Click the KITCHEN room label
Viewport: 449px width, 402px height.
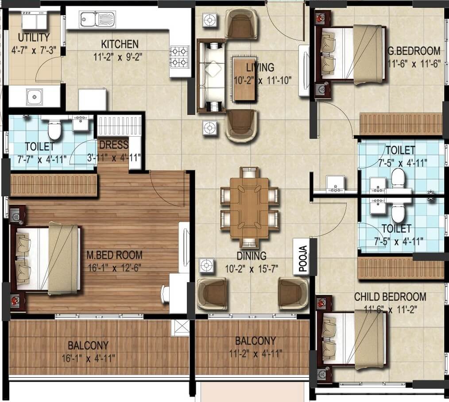click(120, 44)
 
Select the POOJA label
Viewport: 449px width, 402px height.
click(301, 257)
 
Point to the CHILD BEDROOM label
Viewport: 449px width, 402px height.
click(390, 297)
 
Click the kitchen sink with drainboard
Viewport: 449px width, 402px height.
click(97, 19)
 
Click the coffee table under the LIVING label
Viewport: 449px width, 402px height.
click(244, 79)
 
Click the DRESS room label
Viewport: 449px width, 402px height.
click(114, 145)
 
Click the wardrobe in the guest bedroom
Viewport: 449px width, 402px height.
click(401, 124)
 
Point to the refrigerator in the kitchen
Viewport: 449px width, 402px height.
click(93, 100)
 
